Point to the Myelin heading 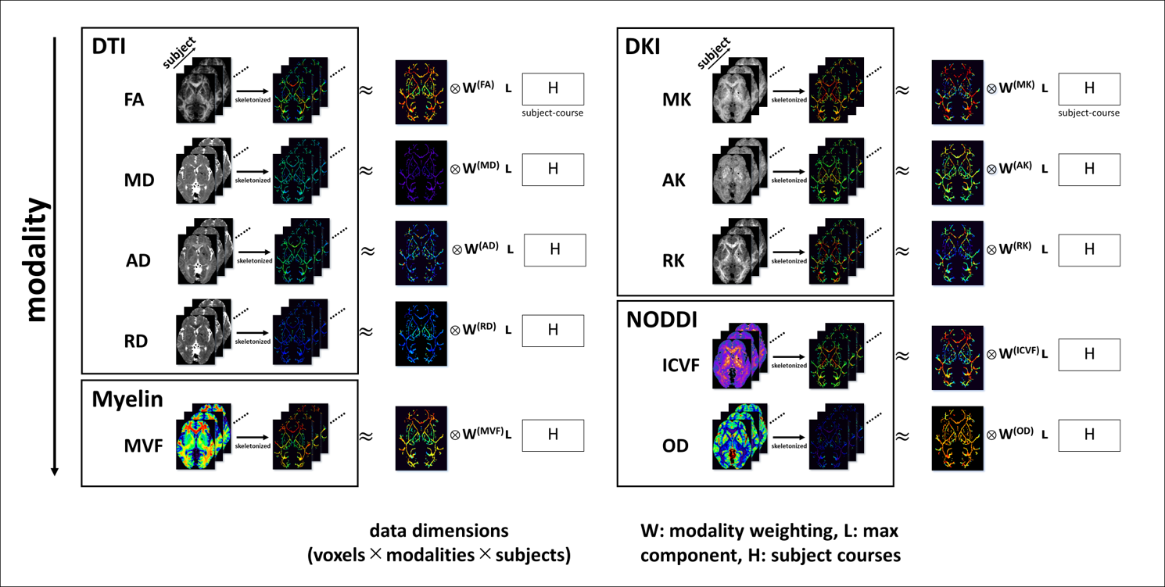(x=127, y=399)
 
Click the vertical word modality (x=35, y=260)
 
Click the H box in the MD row (x=553, y=170)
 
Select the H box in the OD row (x=1089, y=435)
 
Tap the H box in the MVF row (x=553, y=435)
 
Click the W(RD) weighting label (x=475, y=330)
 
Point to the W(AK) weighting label (x=1011, y=169)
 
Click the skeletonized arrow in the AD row (x=254, y=252)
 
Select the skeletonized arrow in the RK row (x=789, y=252)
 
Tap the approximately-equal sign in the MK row (x=902, y=90)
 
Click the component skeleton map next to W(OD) (x=958, y=438)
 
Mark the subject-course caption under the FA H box (x=552, y=113)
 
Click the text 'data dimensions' (x=439, y=532)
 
